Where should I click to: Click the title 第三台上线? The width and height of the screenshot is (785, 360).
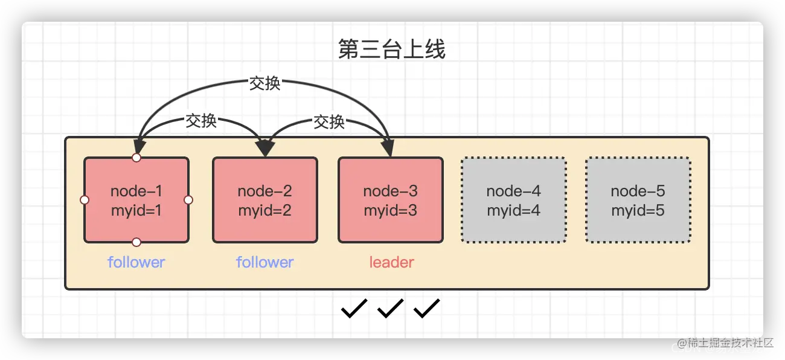(391, 50)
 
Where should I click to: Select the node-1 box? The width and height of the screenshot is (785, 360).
(136, 200)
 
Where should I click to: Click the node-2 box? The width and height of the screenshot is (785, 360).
(264, 200)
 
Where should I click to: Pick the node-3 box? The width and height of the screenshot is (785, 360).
(390, 200)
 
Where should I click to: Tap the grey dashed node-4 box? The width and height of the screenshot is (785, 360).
(513, 200)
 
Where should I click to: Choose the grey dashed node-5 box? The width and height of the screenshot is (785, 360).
(638, 200)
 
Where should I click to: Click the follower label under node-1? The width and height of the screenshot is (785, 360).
(136, 262)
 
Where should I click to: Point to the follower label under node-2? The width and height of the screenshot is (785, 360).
(264, 262)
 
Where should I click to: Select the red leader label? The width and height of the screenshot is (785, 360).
(391, 262)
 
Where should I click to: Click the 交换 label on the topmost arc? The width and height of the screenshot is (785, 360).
(265, 83)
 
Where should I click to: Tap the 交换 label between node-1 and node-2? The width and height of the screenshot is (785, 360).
(201, 121)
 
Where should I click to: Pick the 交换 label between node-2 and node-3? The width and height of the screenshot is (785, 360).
(329, 122)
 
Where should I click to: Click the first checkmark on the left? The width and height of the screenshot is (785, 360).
(354, 309)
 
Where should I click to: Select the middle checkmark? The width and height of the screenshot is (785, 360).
(390, 309)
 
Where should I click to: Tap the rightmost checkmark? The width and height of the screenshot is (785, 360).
(426, 309)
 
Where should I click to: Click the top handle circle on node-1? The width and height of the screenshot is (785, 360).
(136, 158)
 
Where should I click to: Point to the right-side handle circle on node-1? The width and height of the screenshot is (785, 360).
(188, 200)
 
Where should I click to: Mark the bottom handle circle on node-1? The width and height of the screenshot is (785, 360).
(136, 242)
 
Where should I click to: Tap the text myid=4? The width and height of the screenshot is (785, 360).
(513, 211)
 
